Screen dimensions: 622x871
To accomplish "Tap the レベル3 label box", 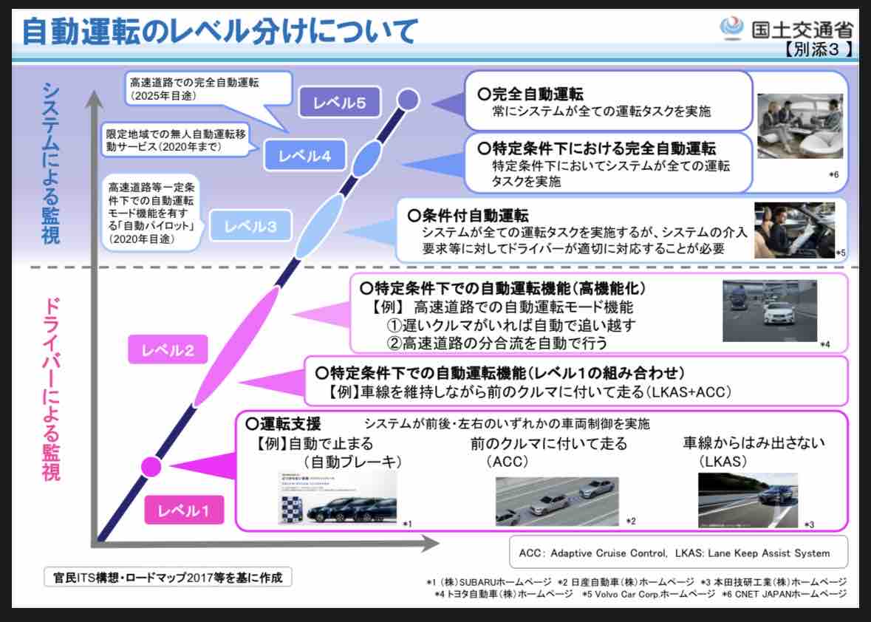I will pyautogui.click(x=250, y=227).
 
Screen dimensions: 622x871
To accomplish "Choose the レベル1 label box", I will pyautogui.click(x=184, y=510).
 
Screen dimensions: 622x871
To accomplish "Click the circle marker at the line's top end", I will pyautogui.click(x=408, y=98).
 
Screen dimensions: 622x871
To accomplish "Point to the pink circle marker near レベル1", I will pyautogui.click(x=151, y=466).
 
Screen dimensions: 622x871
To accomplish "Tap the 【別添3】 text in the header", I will pyautogui.click(x=818, y=50).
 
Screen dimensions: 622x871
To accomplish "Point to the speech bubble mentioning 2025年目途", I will pyautogui.click(x=208, y=88).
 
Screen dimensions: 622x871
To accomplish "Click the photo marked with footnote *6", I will pyautogui.click(x=800, y=126).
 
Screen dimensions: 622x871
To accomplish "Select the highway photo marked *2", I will pyautogui.click(x=557, y=500).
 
